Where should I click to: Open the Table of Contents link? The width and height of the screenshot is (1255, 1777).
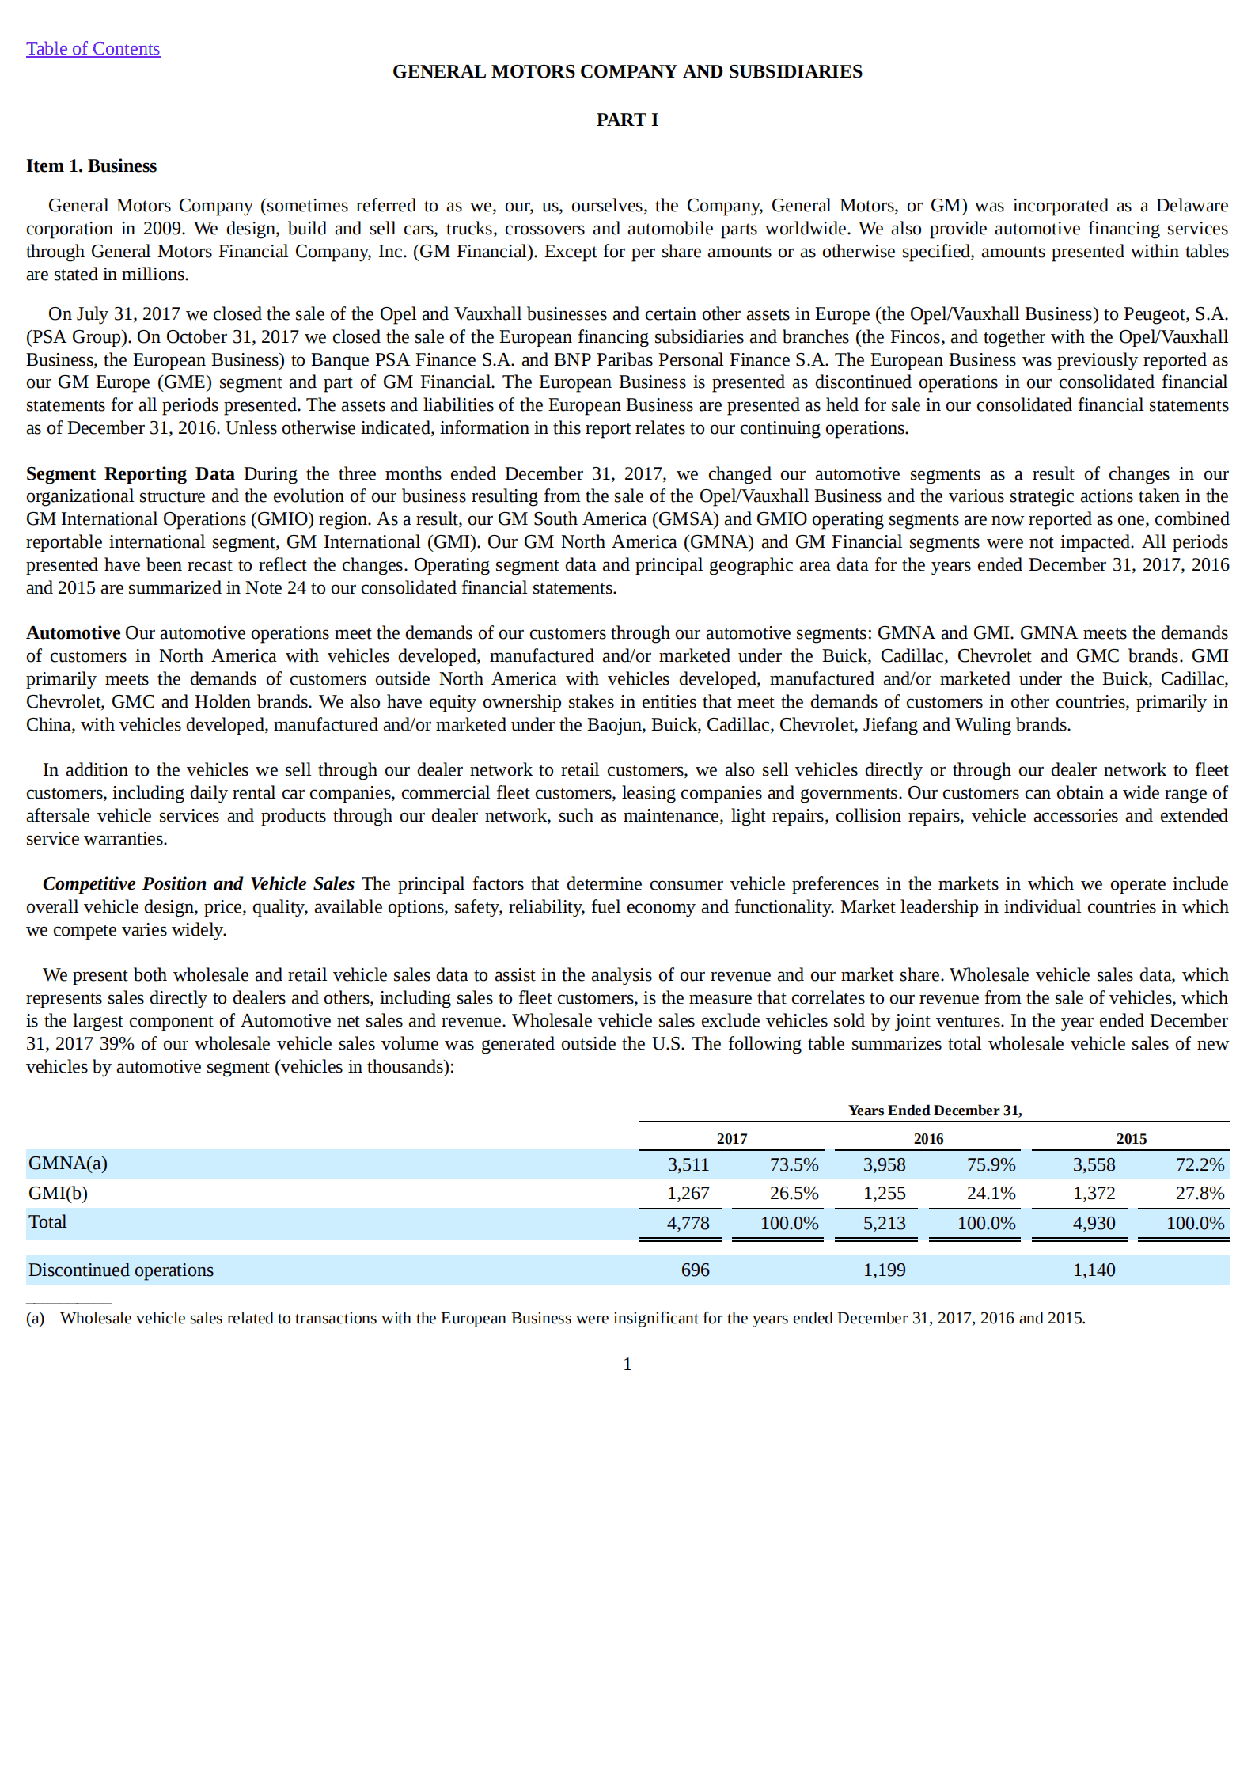[93, 49]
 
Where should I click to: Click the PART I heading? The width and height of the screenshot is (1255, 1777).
[627, 120]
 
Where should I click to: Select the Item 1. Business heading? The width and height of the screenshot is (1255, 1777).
[91, 166]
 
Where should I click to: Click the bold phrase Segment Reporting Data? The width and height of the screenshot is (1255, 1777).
[130, 473]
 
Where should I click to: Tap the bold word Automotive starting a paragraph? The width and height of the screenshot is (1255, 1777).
[73, 632]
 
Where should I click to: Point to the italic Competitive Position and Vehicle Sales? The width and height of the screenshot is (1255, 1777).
[198, 883]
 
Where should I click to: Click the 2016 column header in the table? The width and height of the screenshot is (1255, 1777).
[928, 1138]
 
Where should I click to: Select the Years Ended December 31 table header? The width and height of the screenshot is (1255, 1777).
[935, 1110]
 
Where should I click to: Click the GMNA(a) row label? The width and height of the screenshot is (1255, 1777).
[67, 1163]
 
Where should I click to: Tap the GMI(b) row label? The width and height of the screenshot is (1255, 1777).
[58, 1193]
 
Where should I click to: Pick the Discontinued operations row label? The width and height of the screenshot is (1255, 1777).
[120, 1270]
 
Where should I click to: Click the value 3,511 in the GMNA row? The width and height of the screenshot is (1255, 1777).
[688, 1164]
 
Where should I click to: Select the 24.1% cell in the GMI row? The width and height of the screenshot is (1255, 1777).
[991, 1193]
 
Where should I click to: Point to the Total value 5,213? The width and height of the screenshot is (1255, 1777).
[884, 1223]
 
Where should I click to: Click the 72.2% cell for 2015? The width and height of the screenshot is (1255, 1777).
[1200, 1164]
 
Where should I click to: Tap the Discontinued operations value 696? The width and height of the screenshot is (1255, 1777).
[695, 1270]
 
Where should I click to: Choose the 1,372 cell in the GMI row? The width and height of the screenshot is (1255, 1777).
[1094, 1193]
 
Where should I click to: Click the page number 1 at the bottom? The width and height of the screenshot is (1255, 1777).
[627, 1364]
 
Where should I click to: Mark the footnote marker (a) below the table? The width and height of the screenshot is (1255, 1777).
[35, 1318]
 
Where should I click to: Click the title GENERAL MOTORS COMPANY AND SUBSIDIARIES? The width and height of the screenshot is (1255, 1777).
[627, 71]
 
